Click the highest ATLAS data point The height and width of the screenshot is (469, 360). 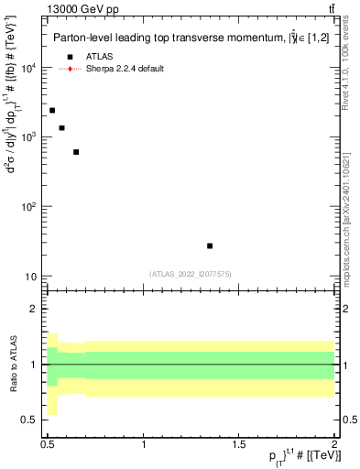tap(52, 110)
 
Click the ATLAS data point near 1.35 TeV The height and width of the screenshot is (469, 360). tap(210, 245)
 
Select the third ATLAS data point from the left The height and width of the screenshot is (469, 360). tap(76, 152)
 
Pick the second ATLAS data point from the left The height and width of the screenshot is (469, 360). tap(61, 128)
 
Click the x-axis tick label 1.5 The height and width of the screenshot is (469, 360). tap(240, 446)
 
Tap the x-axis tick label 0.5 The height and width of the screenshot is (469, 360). tap(49, 446)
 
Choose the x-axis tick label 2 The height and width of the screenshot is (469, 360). tap(335, 446)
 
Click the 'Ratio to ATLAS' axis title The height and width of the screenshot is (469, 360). tap(13, 364)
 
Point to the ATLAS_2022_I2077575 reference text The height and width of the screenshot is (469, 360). tap(191, 273)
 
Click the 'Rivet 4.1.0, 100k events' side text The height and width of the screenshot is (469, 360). tap(351, 70)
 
